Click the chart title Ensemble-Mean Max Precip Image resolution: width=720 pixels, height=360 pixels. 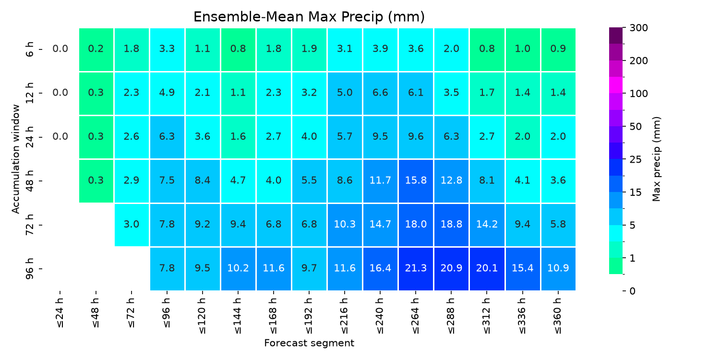click(x=309, y=17)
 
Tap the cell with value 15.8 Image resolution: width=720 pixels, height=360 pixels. click(x=416, y=181)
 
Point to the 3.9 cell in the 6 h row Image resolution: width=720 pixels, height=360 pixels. click(x=380, y=49)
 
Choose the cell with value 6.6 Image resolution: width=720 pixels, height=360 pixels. click(x=380, y=93)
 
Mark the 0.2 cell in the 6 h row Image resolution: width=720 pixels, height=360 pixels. click(x=96, y=49)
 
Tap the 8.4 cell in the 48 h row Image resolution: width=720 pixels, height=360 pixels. click(x=203, y=181)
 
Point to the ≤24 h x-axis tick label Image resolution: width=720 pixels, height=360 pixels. click(x=60, y=313)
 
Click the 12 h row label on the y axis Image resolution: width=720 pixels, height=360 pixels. click(x=29, y=93)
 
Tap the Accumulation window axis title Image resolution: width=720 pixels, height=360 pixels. click(x=15, y=159)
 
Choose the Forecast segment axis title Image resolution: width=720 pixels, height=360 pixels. click(x=309, y=343)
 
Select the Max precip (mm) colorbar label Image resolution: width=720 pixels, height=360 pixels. click(x=656, y=159)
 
